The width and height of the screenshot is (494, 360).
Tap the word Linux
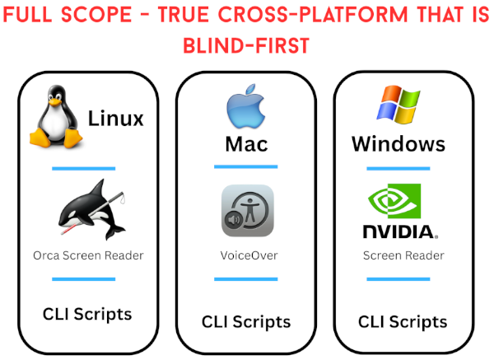[x=115, y=119]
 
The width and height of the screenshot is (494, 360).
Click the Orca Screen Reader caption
[x=89, y=255]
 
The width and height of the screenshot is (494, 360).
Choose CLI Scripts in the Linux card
[x=87, y=314]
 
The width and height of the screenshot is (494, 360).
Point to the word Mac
[x=246, y=145]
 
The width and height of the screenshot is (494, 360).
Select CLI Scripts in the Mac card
[x=246, y=320]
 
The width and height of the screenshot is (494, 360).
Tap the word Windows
[x=398, y=145]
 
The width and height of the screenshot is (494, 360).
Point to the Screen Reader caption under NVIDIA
[x=403, y=255]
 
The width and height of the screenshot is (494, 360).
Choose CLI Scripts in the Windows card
[x=403, y=320]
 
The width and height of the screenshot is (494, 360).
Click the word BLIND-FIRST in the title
[x=247, y=46]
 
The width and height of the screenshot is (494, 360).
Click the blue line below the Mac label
[x=246, y=166]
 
